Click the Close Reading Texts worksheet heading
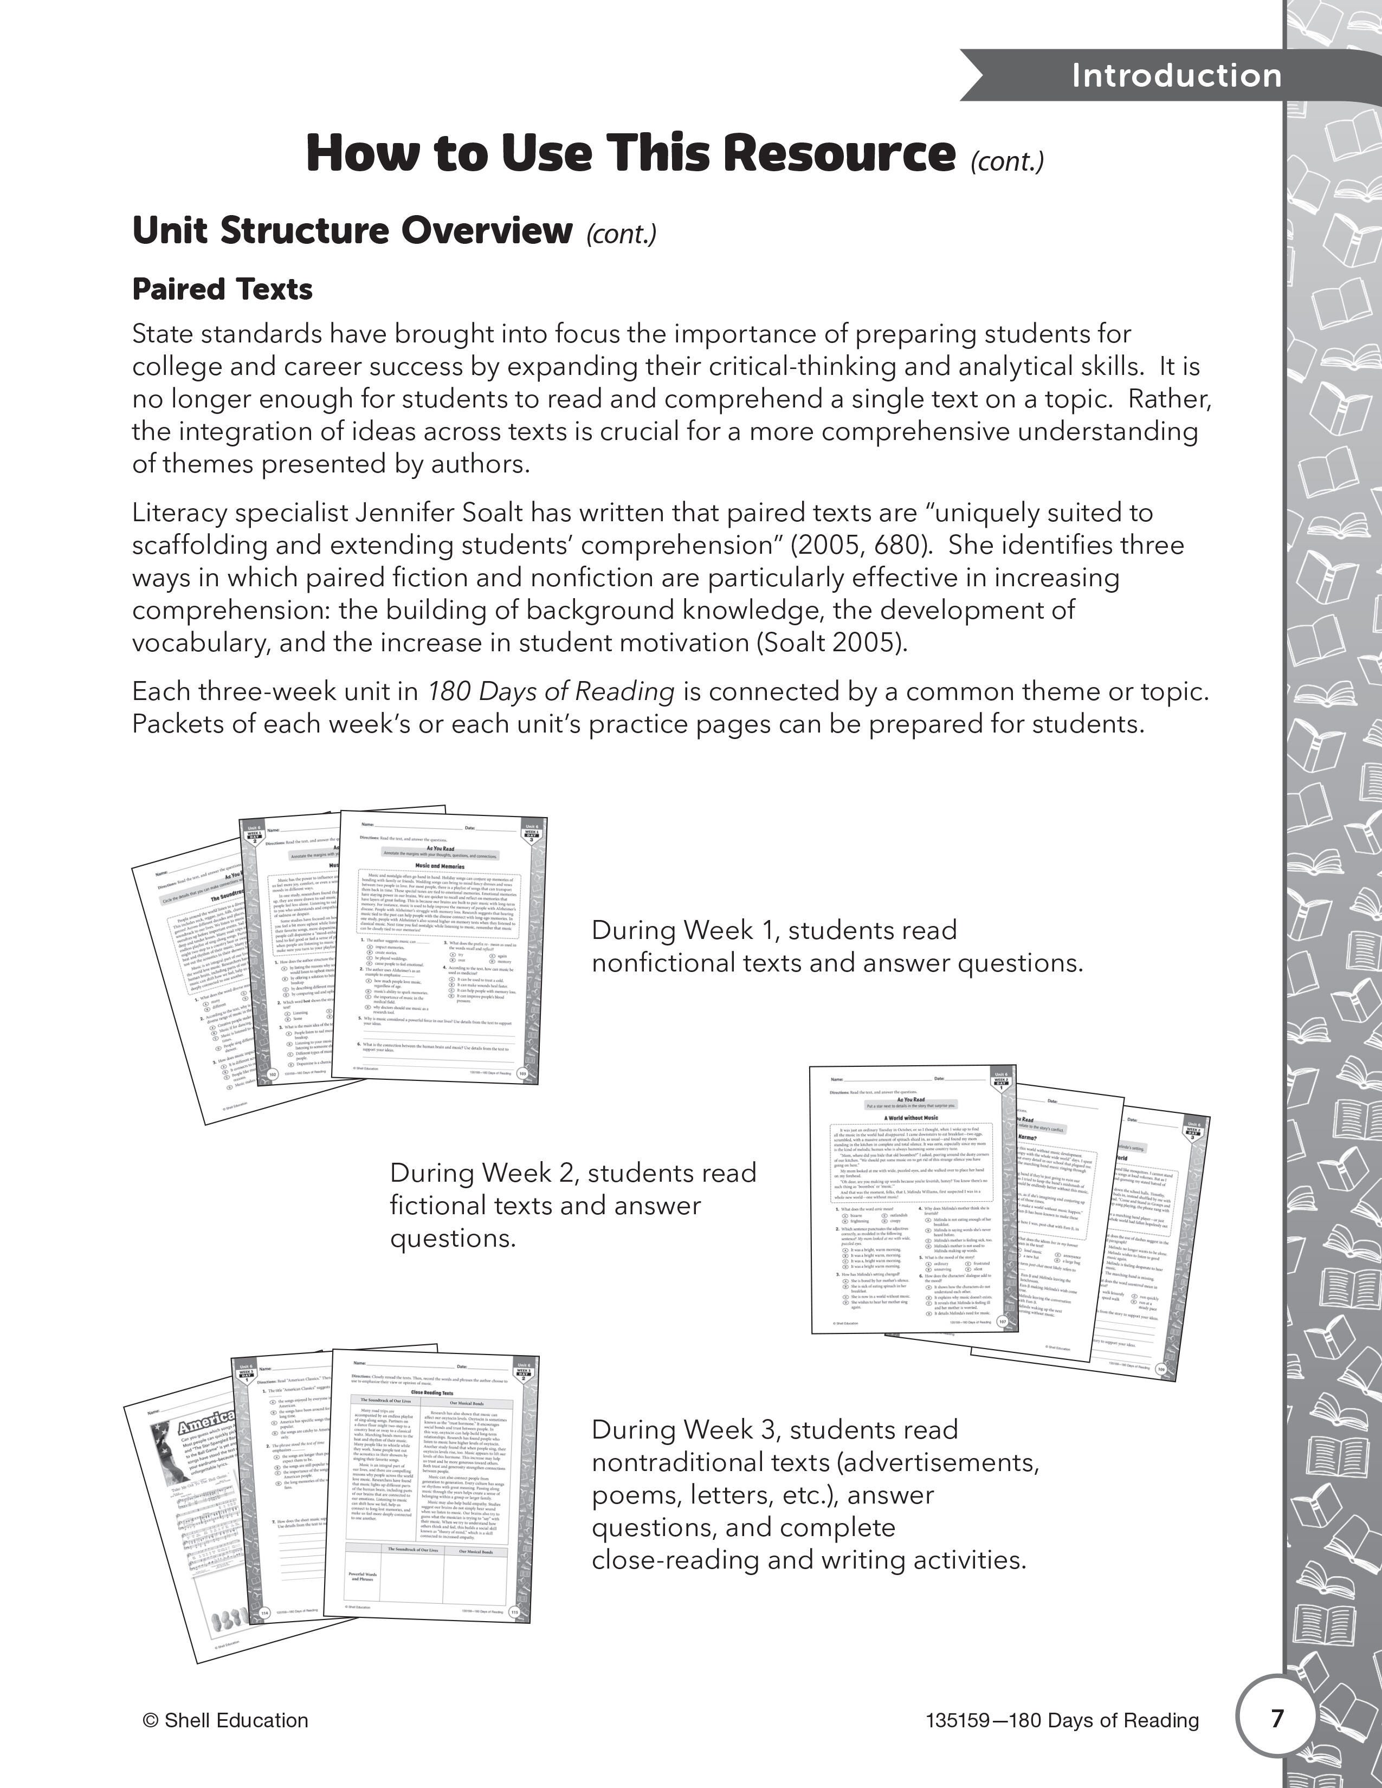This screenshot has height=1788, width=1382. tap(431, 1392)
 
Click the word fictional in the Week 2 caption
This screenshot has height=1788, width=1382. tap(443, 1206)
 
